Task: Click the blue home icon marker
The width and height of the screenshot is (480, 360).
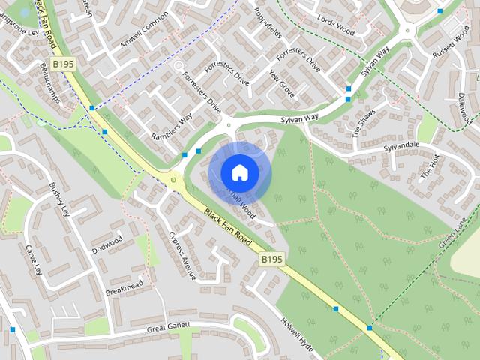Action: (239, 172)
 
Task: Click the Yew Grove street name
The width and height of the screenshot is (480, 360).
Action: (282, 88)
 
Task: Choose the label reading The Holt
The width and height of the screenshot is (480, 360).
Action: (429, 165)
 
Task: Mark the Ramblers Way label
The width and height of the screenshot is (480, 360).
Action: (172, 126)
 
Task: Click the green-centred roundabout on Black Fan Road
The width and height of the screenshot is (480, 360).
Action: (174, 180)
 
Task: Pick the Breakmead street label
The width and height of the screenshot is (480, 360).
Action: (124, 287)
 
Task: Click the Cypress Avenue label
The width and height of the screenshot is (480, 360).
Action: (182, 255)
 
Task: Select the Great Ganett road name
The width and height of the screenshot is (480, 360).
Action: (169, 327)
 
